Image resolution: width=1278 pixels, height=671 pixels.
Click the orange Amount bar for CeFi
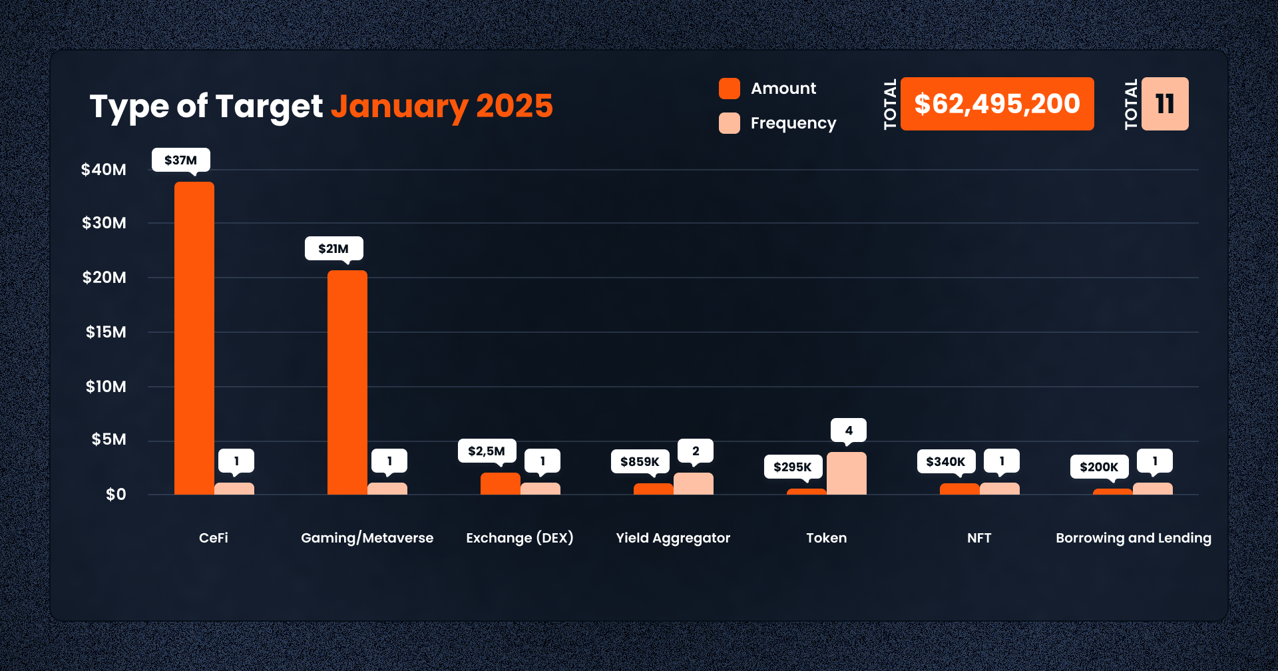coord(194,338)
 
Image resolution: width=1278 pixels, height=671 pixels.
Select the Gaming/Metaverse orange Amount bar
coord(347,382)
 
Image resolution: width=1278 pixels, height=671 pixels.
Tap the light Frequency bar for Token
coord(846,473)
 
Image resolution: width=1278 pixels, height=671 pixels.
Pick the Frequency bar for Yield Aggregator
coord(693,484)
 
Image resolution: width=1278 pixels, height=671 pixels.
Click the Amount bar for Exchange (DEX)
coord(500,484)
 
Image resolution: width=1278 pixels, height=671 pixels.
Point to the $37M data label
coord(180,160)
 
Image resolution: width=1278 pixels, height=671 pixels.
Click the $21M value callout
coord(333,248)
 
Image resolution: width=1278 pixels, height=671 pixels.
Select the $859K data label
coord(640,461)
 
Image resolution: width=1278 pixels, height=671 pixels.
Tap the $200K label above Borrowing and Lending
coord(1099,467)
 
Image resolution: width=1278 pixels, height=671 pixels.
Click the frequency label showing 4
coord(849,430)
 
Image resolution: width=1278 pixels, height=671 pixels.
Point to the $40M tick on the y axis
coord(104,170)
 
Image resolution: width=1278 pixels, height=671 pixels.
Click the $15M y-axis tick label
coord(106,332)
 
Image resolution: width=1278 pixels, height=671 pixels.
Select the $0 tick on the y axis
coord(116,495)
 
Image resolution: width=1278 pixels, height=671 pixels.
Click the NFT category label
coord(979,538)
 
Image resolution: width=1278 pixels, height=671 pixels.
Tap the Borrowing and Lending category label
coord(1133,538)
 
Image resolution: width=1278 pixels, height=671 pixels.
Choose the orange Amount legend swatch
coord(730,89)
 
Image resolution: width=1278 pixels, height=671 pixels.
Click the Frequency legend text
coord(793,123)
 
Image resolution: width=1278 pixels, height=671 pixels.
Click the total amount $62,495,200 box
coord(996,104)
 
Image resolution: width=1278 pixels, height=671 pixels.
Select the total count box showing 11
coord(1165,104)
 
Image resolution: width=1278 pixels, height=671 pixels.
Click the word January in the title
coord(399,107)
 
